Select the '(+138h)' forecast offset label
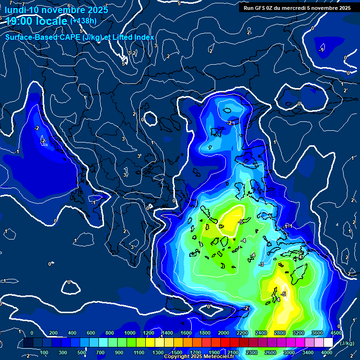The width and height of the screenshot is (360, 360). (83, 21)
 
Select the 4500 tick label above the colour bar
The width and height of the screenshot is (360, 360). (336, 333)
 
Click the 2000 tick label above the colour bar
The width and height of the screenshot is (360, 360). (224, 333)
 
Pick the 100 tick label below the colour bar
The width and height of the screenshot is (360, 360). (45, 352)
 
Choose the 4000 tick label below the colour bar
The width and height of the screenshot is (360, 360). (327, 352)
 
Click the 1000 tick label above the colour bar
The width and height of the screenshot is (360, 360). (130, 333)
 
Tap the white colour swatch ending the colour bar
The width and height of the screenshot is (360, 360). (328, 343)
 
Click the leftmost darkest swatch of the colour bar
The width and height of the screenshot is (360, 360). (28, 343)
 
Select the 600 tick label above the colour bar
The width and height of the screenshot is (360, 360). (91, 333)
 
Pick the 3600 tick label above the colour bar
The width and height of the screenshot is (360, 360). (317, 333)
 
